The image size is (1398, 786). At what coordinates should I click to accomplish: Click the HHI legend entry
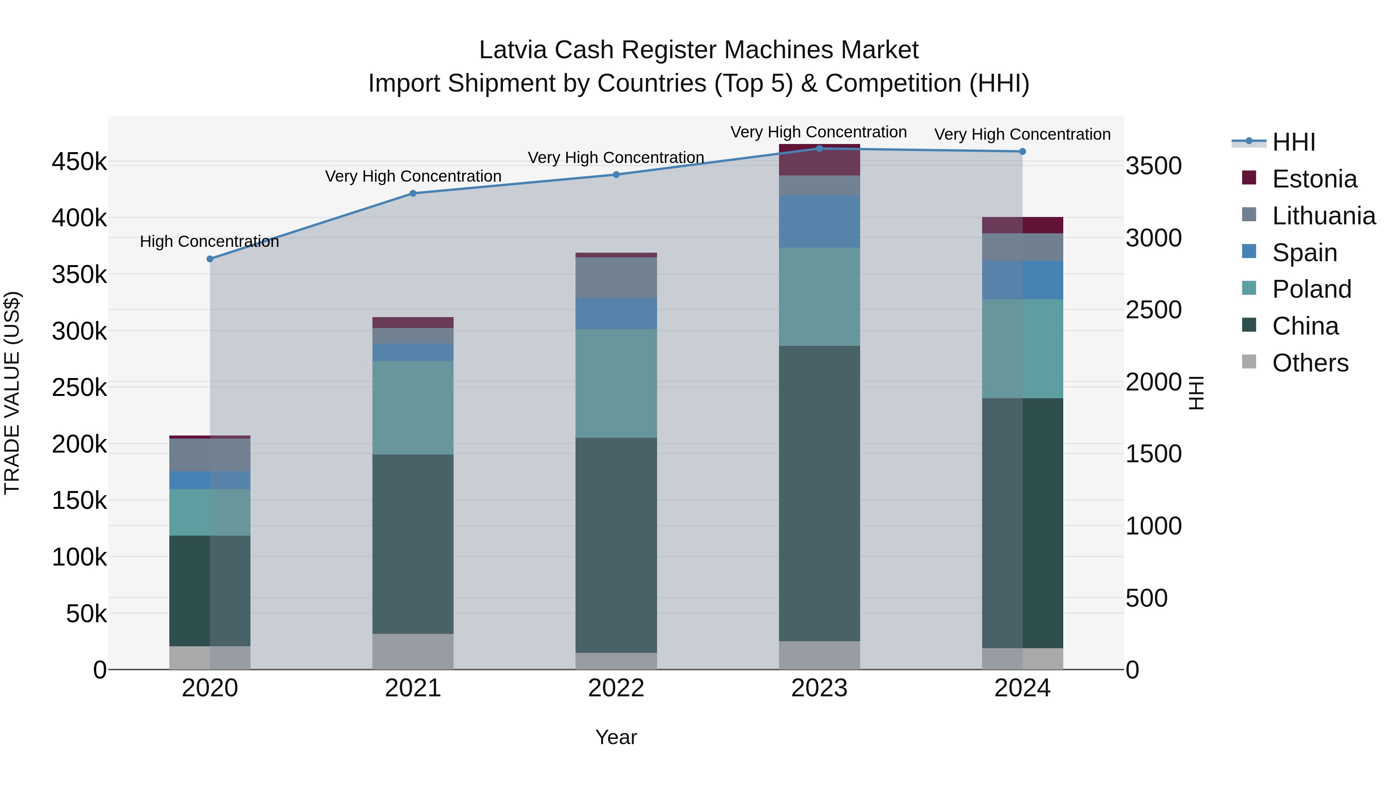[x=1293, y=142]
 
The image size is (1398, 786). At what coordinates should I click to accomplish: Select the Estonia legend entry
[x=1314, y=179]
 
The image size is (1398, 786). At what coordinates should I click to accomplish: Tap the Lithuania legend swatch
[x=1249, y=215]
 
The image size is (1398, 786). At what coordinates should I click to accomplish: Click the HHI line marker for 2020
[x=210, y=259]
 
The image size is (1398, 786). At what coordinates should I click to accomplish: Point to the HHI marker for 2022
[x=616, y=175]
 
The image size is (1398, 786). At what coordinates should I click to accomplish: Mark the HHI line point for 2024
[x=1022, y=152]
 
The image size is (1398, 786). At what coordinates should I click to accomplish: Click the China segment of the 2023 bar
[x=819, y=494]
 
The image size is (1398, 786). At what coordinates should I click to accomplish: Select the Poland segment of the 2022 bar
[x=616, y=383]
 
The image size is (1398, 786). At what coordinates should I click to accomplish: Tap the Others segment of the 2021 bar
[x=413, y=651]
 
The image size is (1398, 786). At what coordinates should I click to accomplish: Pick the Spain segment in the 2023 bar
[x=819, y=221]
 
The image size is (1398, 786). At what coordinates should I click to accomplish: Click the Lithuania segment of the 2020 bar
[x=210, y=455]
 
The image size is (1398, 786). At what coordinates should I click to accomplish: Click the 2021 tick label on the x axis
[x=413, y=688]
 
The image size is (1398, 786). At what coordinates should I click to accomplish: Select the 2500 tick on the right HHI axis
[x=1154, y=310]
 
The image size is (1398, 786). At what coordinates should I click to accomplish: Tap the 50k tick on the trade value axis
[x=86, y=614]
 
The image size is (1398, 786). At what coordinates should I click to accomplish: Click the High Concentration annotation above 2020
[x=209, y=241]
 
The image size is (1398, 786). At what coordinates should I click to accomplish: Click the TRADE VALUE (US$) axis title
[x=12, y=393]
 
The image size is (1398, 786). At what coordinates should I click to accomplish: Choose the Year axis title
[x=616, y=737]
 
